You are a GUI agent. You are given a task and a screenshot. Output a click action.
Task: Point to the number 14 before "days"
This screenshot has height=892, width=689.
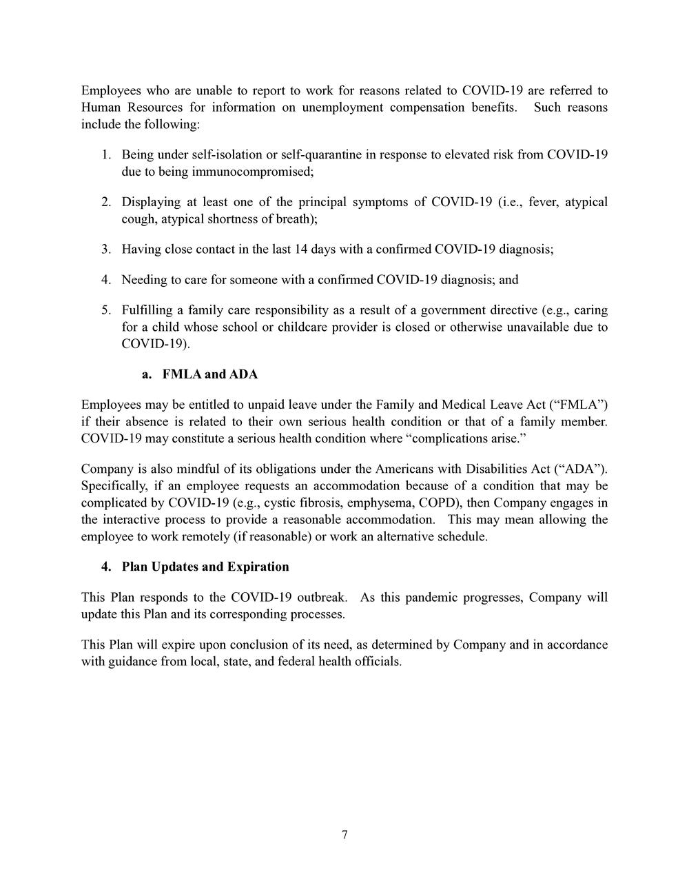(x=300, y=249)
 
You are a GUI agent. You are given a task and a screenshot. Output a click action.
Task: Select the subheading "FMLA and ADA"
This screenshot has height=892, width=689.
(x=209, y=374)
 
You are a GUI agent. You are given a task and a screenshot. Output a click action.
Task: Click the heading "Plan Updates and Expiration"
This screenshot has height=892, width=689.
(x=205, y=567)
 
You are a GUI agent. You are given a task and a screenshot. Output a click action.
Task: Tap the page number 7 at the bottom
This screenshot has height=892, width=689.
(x=344, y=835)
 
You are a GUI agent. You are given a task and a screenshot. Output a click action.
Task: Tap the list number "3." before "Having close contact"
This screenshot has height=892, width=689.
(x=106, y=249)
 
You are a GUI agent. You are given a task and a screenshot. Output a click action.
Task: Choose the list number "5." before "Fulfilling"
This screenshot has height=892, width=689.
(x=106, y=310)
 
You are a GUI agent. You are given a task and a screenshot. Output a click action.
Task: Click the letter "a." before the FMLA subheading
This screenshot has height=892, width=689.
(x=146, y=374)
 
